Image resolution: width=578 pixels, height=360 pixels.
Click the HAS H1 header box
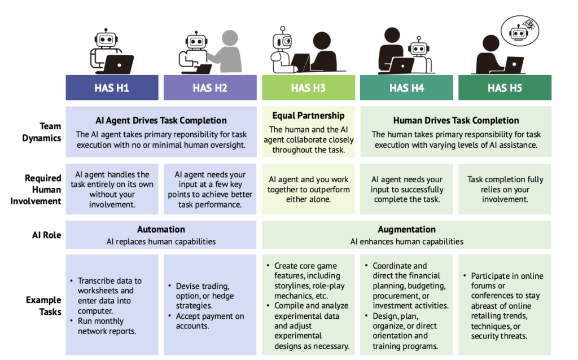click(x=112, y=87)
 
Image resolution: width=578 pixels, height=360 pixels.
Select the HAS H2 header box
click(x=210, y=87)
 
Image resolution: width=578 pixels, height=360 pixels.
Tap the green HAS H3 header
click(x=308, y=87)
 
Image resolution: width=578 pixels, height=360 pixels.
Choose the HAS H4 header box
click(x=406, y=87)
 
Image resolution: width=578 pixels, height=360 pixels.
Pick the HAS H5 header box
click(x=505, y=87)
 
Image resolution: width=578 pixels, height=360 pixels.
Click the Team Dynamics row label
click(x=42, y=132)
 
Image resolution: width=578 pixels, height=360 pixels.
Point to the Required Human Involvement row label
click(x=37, y=189)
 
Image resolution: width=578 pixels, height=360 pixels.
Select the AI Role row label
click(x=47, y=235)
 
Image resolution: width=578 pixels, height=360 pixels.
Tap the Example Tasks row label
click(x=43, y=305)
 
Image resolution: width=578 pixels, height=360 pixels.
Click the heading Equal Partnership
click(x=308, y=116)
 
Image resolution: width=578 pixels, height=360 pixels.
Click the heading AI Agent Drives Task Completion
click(x=161, y=120)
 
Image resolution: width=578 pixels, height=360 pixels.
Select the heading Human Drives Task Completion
click(x=456, y=120)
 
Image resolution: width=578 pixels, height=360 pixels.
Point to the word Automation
click(x=161, y=230)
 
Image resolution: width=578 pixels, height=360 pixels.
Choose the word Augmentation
click(x=406, y=230)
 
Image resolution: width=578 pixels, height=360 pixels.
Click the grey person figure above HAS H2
click(x=229, y=54)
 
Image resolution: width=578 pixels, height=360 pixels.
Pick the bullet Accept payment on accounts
click(x=209, y=321)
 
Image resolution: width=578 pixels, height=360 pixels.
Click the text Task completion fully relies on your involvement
click(x=505, y=189)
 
